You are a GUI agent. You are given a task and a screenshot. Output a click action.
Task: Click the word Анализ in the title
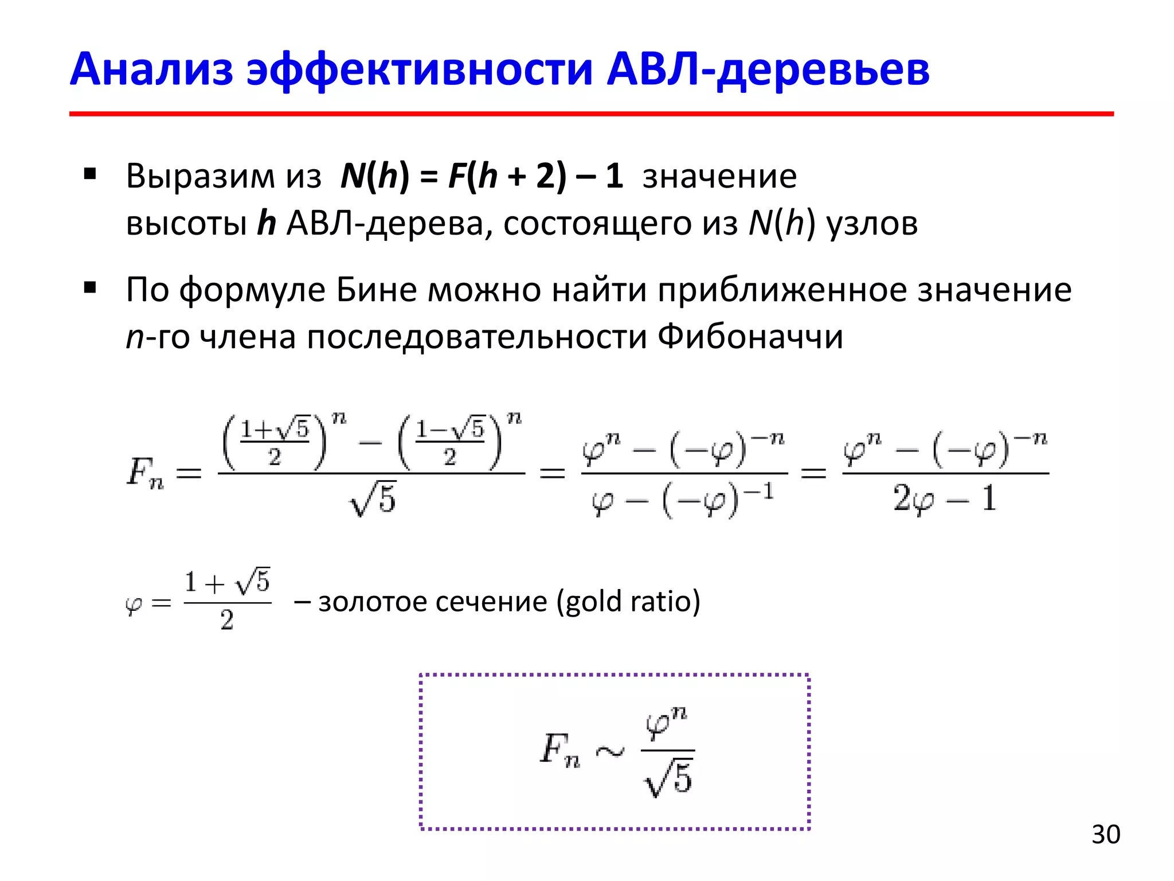pos(151,70)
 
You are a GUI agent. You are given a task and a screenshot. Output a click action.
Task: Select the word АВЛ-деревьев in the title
pos(768,70)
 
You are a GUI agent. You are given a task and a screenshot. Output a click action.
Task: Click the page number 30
pos(1105,835)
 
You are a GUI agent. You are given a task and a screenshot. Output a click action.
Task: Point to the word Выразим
pos(200,176)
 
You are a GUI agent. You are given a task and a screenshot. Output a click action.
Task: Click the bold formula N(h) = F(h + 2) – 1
pos(482,176)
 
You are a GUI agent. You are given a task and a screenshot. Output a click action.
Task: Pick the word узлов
pos(872,223)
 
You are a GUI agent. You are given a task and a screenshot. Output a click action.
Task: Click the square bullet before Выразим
pos(89,173)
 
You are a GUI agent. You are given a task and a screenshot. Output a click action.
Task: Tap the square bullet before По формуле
pos(89,287)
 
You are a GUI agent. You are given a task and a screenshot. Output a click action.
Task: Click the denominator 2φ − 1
pos(945,498)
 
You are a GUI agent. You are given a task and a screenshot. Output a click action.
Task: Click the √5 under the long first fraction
pos(373,499)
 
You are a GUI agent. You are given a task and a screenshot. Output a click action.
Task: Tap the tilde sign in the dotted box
pos(610,751)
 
